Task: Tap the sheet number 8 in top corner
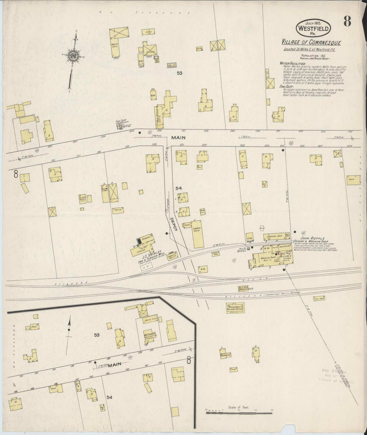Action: point(347,22)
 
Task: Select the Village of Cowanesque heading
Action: point(311,42)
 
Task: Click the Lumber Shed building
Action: point(197,234)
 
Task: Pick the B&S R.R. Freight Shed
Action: point(245,289)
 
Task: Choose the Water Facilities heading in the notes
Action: point(293,63)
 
